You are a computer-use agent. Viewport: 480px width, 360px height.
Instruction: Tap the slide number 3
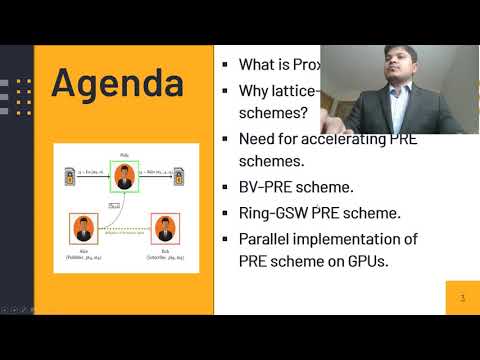tap(461, 298)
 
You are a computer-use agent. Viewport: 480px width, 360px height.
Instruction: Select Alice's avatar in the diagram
tap(83, 228)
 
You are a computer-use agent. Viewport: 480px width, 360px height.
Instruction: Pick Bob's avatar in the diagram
tap(164, 228)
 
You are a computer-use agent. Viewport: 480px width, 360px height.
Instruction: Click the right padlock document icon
tap(180, 173)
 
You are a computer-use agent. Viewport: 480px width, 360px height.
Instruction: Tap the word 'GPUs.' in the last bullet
tap(390, 262)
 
